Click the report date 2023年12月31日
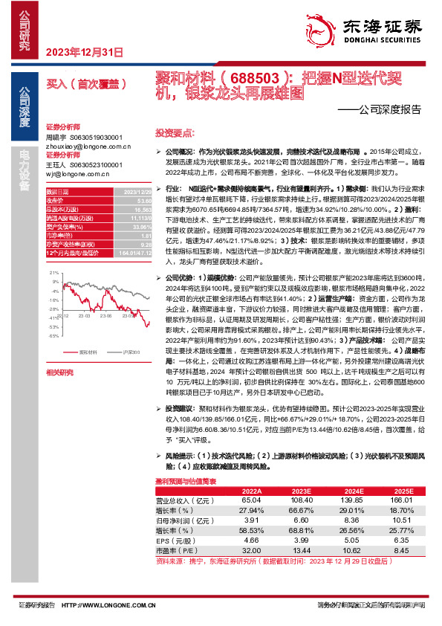(x=84, y=51)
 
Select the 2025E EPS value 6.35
(x=402, y=540)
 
